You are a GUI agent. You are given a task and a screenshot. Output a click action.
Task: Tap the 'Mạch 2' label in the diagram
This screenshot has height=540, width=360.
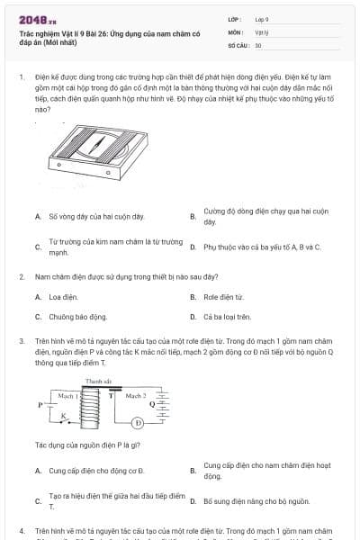point(136,395)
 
